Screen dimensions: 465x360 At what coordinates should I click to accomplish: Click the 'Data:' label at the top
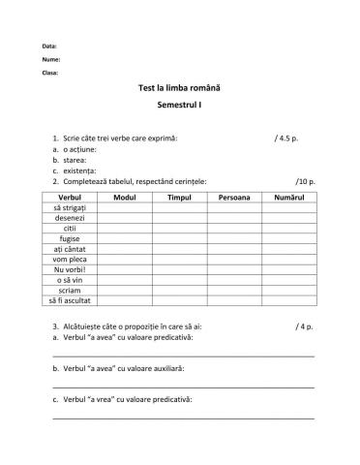[49, 46]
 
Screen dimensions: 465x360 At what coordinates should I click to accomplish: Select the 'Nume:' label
[50, 59]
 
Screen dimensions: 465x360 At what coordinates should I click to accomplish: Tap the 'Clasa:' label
[50, 72]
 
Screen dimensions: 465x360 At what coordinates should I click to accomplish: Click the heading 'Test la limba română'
[180, 86]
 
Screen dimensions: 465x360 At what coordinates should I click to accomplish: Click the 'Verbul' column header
[70, 197]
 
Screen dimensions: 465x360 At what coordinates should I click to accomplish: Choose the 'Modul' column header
[124, 197]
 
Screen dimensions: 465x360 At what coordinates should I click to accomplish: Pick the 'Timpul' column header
[179, 197]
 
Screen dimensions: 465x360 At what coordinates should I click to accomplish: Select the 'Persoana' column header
[234, 197]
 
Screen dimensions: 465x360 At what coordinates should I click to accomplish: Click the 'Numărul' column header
[288, 197]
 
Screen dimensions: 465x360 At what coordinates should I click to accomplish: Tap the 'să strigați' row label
[70, 207]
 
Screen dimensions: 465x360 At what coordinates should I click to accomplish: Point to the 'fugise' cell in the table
[70, 238]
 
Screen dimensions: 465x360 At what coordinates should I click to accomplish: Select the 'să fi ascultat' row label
[70, 300]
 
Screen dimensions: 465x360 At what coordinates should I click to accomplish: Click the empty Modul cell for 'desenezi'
[124, 218]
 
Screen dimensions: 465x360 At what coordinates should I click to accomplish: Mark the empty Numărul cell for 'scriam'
[288, 290]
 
